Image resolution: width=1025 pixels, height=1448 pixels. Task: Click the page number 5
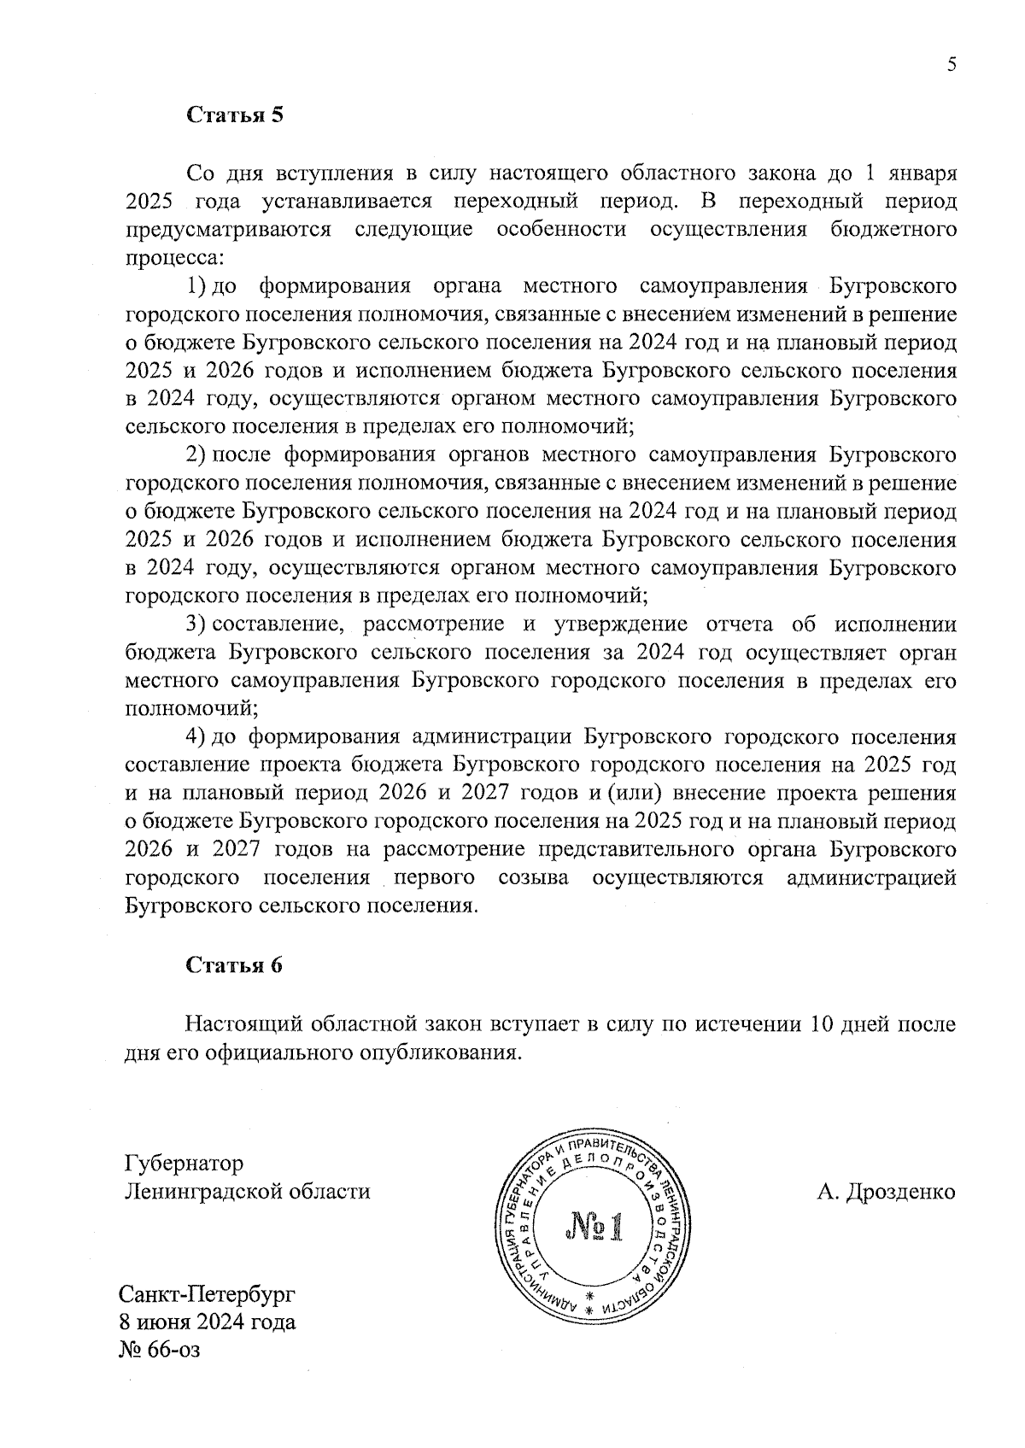coord(952,65)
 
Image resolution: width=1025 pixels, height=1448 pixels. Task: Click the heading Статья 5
coord(234,115)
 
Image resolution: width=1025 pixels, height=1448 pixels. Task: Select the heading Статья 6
coord(234,965)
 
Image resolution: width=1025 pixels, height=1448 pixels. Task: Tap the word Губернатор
coord(184,1164)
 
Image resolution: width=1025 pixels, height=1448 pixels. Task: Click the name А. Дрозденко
coord(886,1192)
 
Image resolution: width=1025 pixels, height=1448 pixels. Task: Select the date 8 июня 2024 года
coord(208,1322)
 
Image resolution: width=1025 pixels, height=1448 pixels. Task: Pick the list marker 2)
coord(196,454)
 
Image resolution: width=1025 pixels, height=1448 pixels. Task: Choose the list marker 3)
coord(196,624)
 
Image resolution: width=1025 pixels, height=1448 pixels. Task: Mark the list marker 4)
coord(196,736)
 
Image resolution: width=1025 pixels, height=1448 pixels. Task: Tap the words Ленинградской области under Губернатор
coord(248,1192)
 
